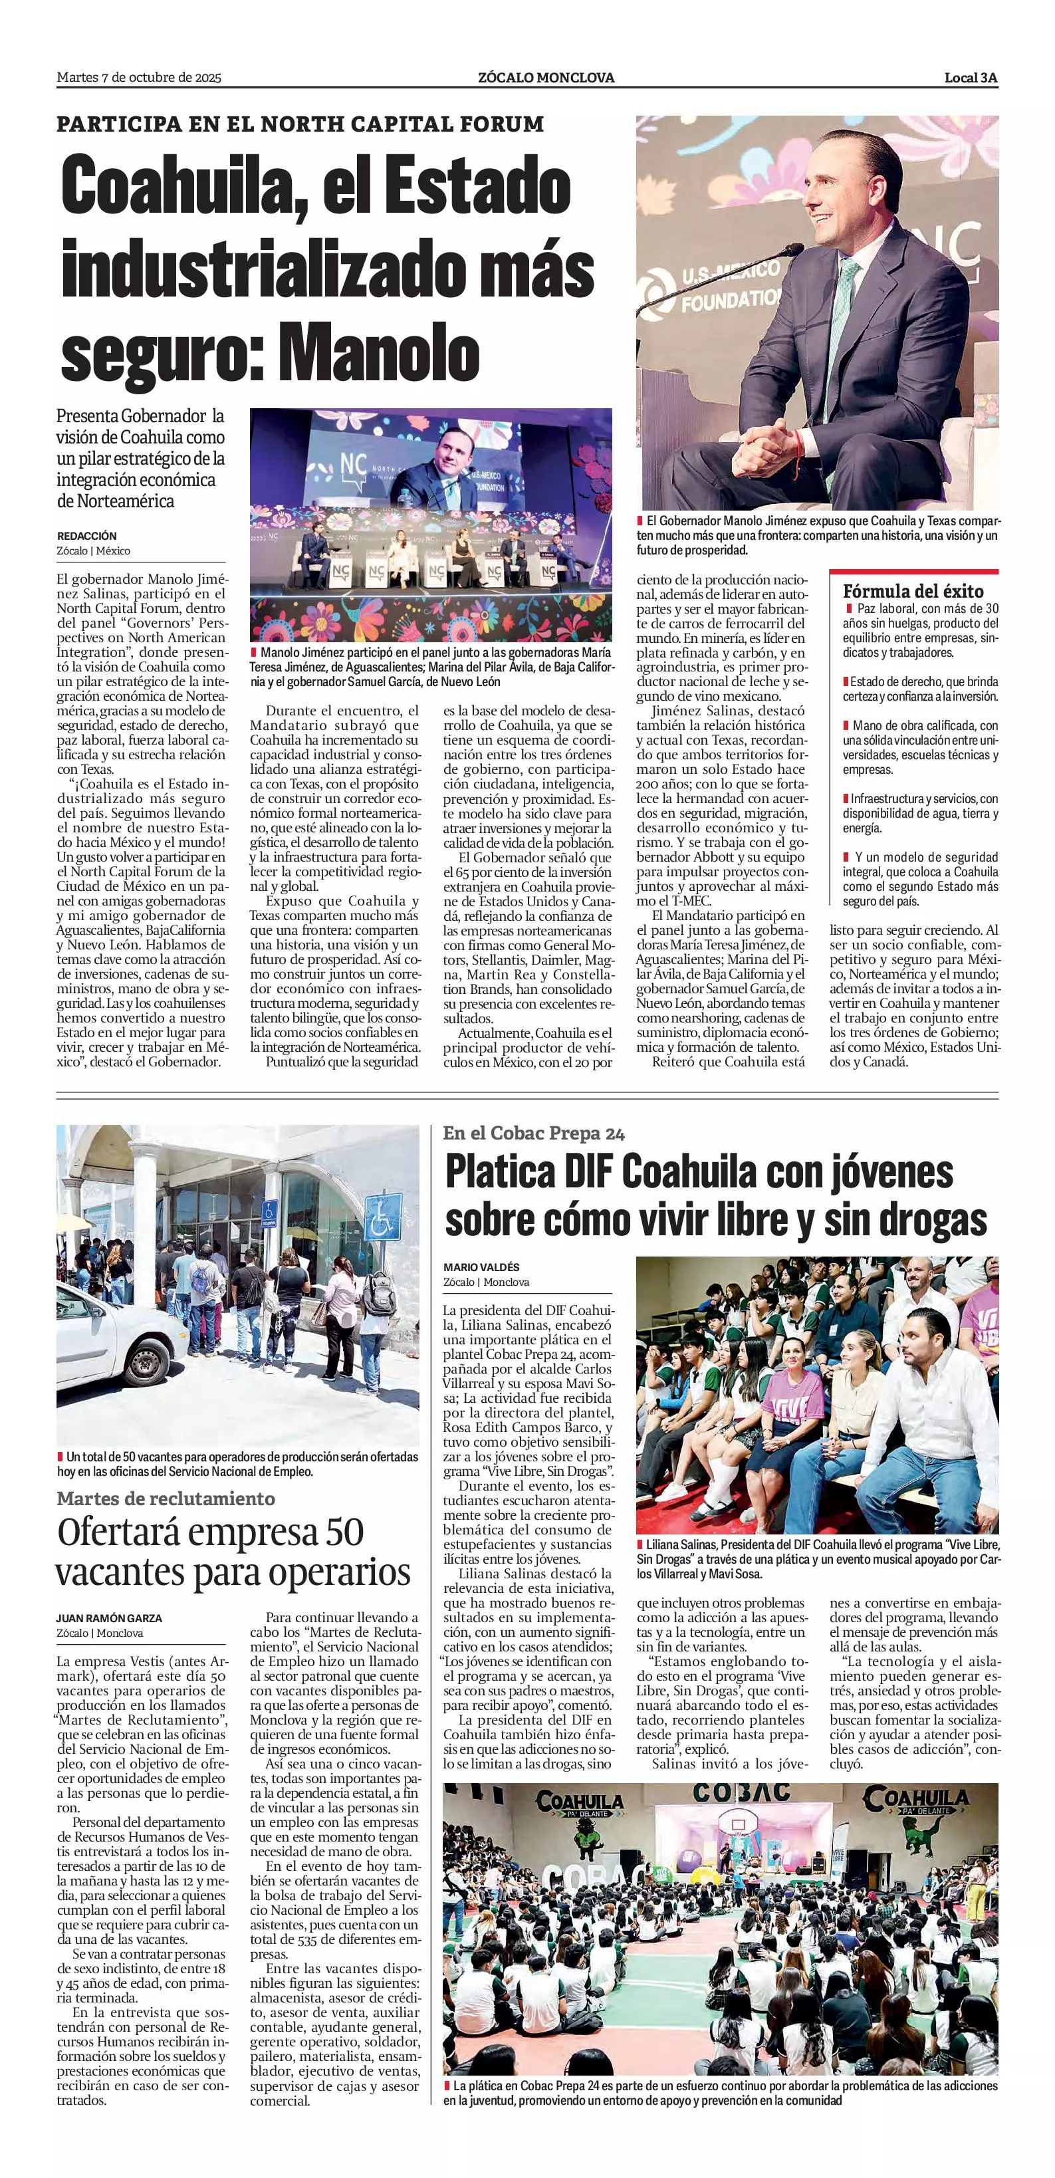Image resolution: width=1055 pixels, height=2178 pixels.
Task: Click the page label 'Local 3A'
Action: tap(971, 78)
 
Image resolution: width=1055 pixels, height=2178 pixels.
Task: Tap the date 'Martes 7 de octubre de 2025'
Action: tap(139, 78)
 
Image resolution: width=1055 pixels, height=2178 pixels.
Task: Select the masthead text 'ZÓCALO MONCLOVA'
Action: tap(545, 78)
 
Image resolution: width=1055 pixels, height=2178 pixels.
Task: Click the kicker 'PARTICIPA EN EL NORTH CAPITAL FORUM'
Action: tap(300, 124)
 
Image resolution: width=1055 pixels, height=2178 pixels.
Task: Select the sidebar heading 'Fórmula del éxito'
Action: tap(913, 591)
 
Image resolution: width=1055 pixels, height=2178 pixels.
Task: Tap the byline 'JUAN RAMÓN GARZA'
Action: tap(109, 1618)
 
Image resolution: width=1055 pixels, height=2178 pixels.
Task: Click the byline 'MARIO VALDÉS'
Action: tap(481, 1267)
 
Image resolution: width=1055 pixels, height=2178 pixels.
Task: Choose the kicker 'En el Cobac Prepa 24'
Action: tap(533, 1133)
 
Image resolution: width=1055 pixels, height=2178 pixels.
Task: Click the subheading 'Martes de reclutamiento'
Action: tap(166, 1499)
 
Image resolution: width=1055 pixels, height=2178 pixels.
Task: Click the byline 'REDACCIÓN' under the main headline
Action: tap(86, 536)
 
